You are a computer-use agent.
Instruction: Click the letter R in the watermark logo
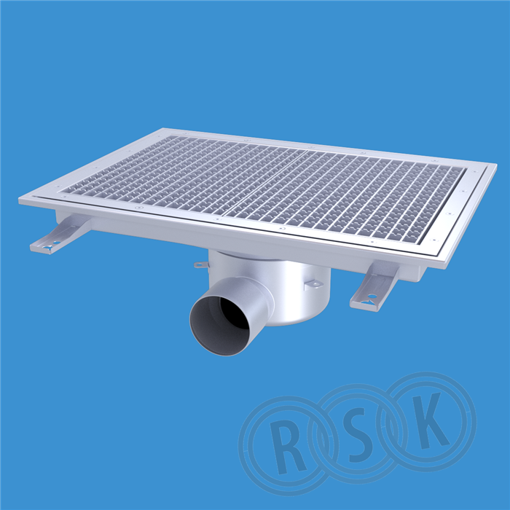click(x=286, y=446)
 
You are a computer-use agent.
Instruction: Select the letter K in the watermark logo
click(x=428, y=420)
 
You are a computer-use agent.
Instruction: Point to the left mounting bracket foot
click(x=58, y=234)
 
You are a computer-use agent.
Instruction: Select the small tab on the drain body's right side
click(x=313, y=284)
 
